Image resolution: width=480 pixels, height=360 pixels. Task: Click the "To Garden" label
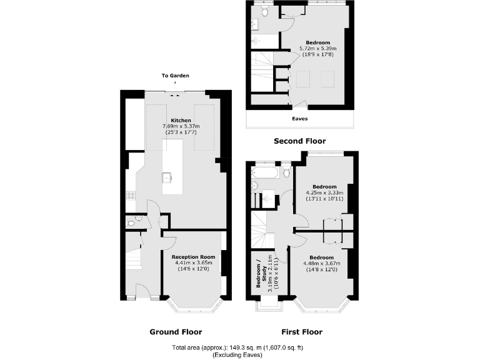point(174,76)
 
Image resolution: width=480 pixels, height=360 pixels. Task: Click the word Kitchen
point(181,120)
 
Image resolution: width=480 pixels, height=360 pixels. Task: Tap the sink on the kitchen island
point(167,177)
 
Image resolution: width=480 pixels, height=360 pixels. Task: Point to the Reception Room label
point(193,257)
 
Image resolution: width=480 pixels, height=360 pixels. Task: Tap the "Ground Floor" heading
point(176,332)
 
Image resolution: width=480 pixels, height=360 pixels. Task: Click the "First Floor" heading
point(301,332)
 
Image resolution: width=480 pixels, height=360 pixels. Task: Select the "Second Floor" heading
point(299,141)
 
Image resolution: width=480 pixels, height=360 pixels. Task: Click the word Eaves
point(300,118)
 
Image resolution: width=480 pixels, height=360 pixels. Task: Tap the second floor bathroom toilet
point(265,12)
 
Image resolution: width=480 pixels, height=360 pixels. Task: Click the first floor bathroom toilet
point(286,171)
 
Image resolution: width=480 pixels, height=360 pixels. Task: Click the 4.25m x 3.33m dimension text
point(324,192)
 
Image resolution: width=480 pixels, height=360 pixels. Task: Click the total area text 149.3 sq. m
point(237,347)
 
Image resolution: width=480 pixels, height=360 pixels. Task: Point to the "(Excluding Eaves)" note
point(237,354)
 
